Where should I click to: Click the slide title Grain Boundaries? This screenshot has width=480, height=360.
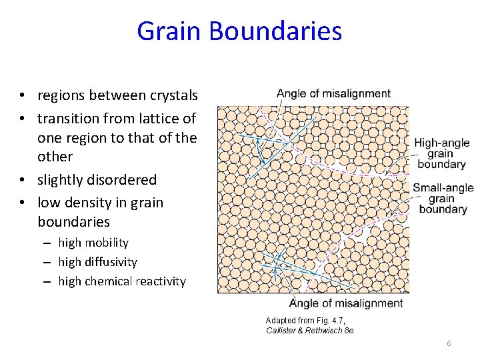click(239, 31)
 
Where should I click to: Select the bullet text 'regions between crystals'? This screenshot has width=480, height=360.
click(117, 95)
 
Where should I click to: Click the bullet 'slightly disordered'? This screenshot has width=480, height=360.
click(97, 179)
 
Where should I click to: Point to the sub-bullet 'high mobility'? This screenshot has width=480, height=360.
click(93, 243)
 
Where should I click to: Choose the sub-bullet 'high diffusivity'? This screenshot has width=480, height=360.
click(97, 262)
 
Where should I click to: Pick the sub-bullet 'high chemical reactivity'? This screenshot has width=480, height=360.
click(121, 281)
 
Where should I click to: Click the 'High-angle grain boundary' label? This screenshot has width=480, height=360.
click(441, 153)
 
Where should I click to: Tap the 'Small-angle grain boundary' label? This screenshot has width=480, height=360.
click(443, 199)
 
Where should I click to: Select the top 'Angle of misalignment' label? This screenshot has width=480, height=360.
click(333, 93)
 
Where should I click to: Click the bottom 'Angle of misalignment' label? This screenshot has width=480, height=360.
click(346, 303)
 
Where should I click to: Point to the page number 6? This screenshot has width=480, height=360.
click(449, 343)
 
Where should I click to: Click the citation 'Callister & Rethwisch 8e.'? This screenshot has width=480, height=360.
click(311, 330)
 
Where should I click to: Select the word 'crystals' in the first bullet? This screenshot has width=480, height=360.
click(173, 95)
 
